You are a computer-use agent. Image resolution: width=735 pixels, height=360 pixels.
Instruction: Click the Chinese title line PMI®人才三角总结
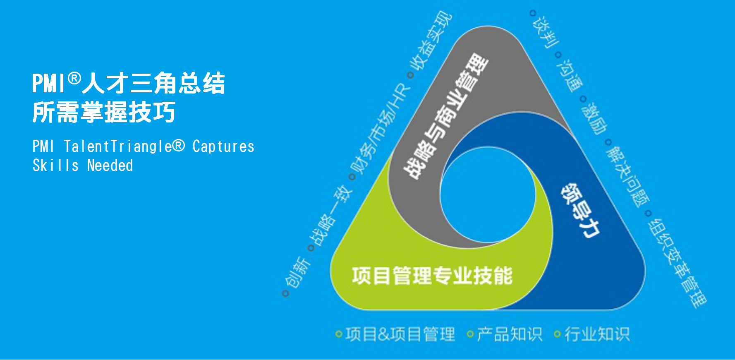(129, 83)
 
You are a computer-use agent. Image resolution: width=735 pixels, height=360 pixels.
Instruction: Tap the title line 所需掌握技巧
(104, 112)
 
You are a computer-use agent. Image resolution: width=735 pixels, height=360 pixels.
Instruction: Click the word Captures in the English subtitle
(223, 146)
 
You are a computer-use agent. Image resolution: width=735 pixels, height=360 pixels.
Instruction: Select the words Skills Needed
(83, 166)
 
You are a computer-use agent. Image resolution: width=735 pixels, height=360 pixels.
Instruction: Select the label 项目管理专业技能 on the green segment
(432, 276)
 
